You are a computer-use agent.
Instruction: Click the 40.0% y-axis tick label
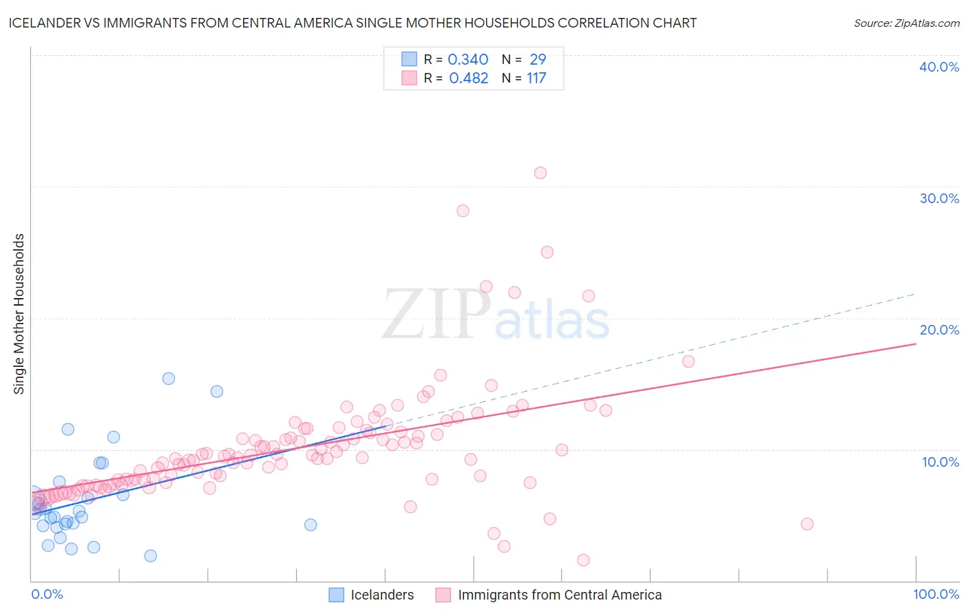point(939,67)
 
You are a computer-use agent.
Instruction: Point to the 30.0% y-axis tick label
point(939,198)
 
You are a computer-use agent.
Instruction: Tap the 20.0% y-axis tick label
point(939,330)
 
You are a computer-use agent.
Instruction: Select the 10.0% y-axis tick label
point(940,462)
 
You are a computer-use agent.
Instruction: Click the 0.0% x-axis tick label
point(47,594)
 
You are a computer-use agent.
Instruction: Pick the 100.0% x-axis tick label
point(936,594)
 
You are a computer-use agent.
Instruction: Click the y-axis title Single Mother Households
point(19,314)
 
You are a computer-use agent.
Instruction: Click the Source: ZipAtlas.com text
point(906,23)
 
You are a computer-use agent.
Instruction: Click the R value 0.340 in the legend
point(468,59)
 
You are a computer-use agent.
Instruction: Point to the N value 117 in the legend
point(536,78)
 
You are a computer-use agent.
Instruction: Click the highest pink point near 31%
point(540,173)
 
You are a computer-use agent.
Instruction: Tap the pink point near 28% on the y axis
point(463,211)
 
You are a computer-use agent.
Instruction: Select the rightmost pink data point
point(807,524)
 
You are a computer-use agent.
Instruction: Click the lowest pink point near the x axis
point(583,560)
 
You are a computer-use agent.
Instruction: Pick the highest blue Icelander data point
point(169,379)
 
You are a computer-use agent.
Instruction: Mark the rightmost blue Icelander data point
point(311,525)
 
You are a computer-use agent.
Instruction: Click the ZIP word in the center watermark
point(436,315)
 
